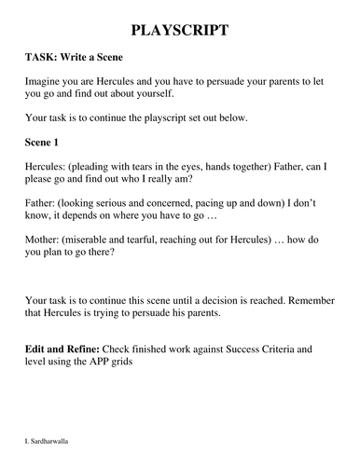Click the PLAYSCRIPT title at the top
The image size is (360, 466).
click(x=179, y=33)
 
